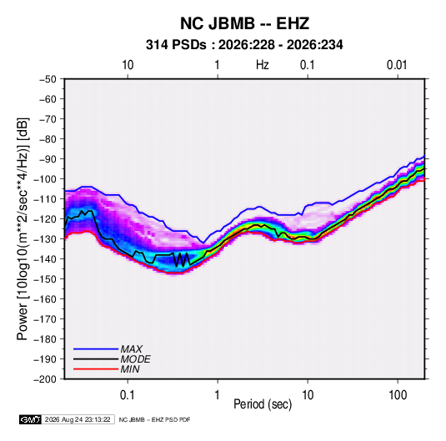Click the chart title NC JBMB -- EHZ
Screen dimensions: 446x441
244,23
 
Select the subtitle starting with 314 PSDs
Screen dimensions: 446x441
244,45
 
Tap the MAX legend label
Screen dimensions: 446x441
131,348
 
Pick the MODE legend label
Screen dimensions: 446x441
135,359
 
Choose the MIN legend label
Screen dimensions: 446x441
130,369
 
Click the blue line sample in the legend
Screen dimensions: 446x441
96,348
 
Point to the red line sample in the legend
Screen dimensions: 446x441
96,369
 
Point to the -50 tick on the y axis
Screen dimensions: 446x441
48,79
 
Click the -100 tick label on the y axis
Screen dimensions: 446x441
45,179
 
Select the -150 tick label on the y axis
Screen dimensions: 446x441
45,279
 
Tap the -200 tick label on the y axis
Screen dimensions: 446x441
45,379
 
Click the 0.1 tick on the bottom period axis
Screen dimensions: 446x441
128,395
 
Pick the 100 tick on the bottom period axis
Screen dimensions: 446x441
398,395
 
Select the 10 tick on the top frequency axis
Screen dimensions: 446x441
128,65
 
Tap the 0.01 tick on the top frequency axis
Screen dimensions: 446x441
397,65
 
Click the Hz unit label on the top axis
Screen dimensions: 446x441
263,65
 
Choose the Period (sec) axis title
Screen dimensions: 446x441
263,404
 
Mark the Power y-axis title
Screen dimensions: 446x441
23,229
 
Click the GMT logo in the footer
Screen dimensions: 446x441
30,419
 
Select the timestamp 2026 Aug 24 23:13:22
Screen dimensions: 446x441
78,419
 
